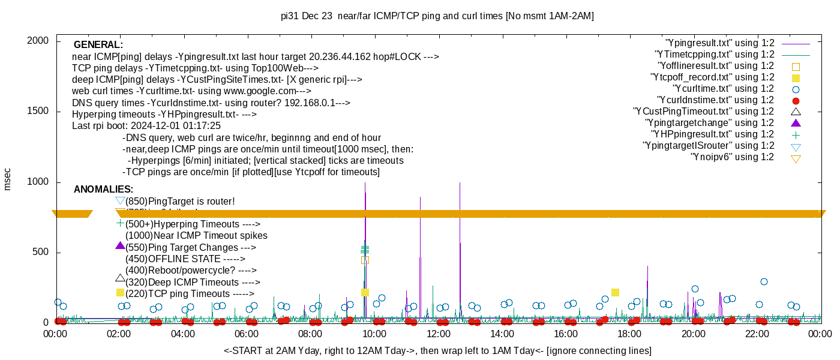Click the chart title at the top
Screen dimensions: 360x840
pos(437,16)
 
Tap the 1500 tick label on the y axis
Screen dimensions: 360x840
pos(40,112)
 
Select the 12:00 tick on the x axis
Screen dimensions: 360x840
pos(438,334)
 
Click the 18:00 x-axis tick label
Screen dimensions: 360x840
pos(629,334)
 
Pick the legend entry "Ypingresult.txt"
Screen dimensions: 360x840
pos(721,43)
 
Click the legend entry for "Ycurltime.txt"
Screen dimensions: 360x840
pos(725,89)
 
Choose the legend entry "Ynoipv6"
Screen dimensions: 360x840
pos(733,157)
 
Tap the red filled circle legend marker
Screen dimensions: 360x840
pos(796,101)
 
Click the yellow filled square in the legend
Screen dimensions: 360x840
pos(796,78)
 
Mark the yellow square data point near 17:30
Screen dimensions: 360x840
pos(615,292)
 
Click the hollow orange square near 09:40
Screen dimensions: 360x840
pos(365,260)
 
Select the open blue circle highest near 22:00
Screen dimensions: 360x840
pos(764,281)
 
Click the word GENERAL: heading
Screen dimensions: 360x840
pos(98,45)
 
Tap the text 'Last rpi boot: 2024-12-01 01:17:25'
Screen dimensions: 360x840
pos(146,126)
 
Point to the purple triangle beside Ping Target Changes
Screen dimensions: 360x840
pos(120,245)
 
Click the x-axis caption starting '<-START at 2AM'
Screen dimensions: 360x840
pos(437,350)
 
